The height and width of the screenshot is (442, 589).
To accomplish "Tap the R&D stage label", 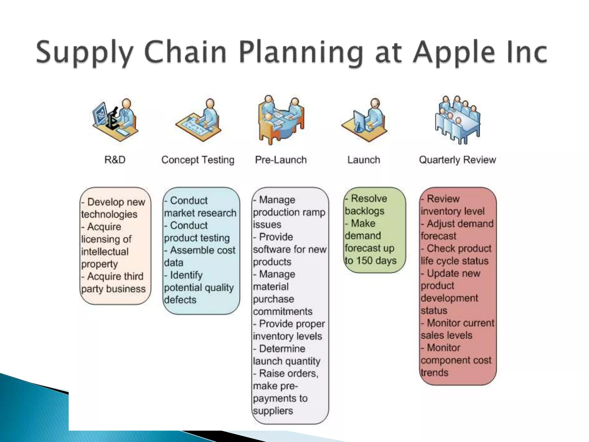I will [115, 160].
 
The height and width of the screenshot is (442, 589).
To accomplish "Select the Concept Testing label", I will [198, 160].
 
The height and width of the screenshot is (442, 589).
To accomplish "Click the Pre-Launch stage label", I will [281, 160].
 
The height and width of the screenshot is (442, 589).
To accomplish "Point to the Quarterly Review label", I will [457, 160].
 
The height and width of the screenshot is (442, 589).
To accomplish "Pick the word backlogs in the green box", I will [365, 211].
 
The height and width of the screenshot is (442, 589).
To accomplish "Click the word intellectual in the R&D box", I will [105, 252].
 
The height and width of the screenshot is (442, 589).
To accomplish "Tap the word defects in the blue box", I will [180, 300].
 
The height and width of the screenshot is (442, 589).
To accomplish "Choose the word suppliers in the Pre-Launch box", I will [273, 411].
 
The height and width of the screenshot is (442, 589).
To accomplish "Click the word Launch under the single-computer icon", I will [364, 160].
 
